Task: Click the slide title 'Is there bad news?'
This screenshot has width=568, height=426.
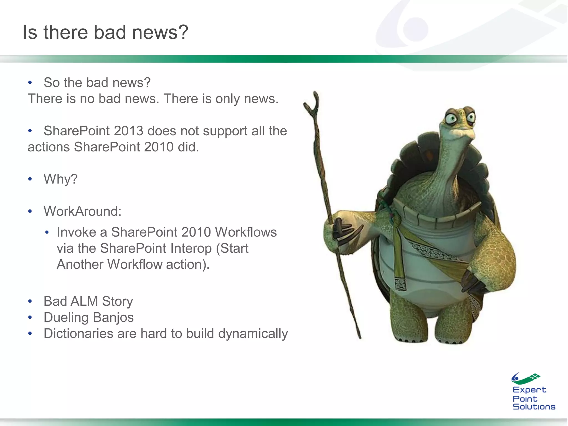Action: (105, 32)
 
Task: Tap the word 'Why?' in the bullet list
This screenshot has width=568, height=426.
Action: (60, 179)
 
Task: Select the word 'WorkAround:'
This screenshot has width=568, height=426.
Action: (82, 211)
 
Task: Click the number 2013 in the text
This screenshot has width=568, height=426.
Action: (128, 131)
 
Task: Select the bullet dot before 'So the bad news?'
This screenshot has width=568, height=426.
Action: (30, 83)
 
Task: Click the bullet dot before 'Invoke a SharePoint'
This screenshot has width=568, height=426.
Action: (47, 232)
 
